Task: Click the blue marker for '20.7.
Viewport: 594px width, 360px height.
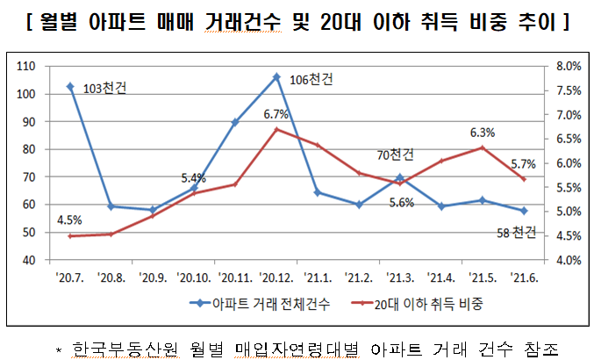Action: click(x=69, y=86)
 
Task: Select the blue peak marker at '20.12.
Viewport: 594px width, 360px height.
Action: click(x=276, y=76)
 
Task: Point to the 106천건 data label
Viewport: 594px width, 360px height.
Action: click(x=311, y=80)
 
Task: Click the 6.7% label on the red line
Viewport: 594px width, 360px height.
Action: click(x=276, y=114)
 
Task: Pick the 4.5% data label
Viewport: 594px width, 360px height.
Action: click(x=69, y=220)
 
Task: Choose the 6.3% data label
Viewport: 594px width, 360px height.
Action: click(x=483, y=133)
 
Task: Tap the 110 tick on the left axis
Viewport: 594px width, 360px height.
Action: click(x=24, y=67)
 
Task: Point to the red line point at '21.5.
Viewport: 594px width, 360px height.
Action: click(x=482, y=148)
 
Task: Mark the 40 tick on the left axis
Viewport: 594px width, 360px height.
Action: click(x=27, y=261)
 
